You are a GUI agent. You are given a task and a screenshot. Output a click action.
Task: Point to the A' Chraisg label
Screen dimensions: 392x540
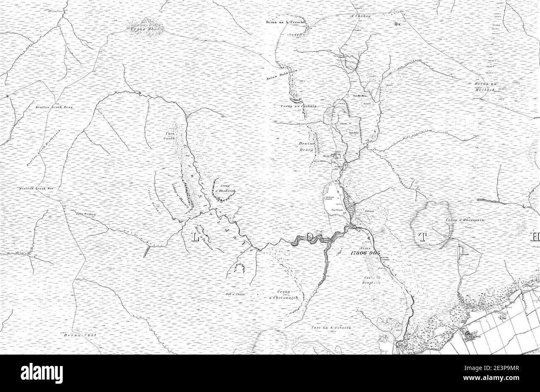tap(358, 16)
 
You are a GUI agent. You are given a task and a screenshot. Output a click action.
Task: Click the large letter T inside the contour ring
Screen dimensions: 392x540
tap(423, 237)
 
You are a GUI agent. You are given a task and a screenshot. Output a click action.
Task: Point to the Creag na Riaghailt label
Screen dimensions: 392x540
tap(373, 279)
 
